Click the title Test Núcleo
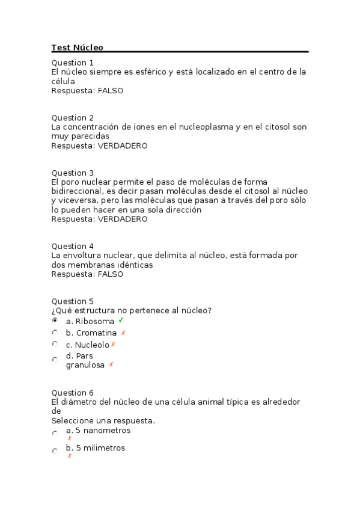pos(78,48)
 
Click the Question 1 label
pos(73,63)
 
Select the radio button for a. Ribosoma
pos(55,321)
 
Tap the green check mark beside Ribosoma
pos(121,320)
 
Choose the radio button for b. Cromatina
pos(55,332)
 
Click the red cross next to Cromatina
pos(123,332)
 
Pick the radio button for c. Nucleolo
pos(55,344)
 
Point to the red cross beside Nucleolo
pos(113,344)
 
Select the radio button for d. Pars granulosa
pos(55,360)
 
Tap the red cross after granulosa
pos(111,364)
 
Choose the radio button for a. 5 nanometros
pos(55,433)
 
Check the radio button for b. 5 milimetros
pos(55,450)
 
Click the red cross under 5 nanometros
pos(70,438)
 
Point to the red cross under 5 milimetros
pos(70,456)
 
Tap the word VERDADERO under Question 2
pos(123,146)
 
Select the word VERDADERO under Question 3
pos(123,219)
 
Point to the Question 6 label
pos(73,393)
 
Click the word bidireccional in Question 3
pos(76,191)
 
